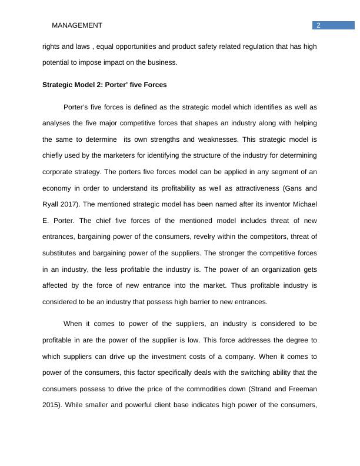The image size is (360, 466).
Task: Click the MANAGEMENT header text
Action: point(77,25)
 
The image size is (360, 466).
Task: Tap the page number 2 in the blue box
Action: point(318,25)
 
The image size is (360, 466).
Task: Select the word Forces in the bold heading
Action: point(155,85)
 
